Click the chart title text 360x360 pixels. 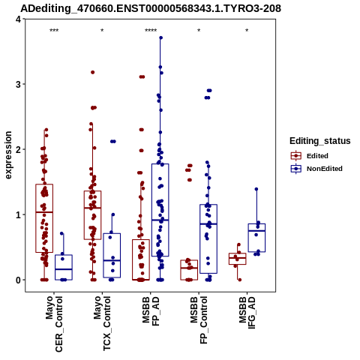(151, 8)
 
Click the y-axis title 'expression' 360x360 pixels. (8, 155)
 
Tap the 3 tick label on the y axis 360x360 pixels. (18, 84)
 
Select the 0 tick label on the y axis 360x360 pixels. (18, 280)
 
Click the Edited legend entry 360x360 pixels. (310, 156)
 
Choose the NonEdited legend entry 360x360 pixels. (316, 169)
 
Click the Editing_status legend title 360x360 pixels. (320, 141)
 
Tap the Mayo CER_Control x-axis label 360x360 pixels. (54, 324)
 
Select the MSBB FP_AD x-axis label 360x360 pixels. (151, 310)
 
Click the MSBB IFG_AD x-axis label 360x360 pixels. (247, 313)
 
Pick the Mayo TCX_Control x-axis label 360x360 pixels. (102, 323)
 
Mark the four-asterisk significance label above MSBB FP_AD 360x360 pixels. (151, 31)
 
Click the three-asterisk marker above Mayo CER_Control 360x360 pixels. (54, 31)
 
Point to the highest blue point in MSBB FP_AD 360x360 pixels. (161, 37)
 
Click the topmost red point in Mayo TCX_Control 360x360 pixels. (93, 72)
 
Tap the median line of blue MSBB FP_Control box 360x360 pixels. (208, 224)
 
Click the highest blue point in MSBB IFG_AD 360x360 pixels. (256, 189)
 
